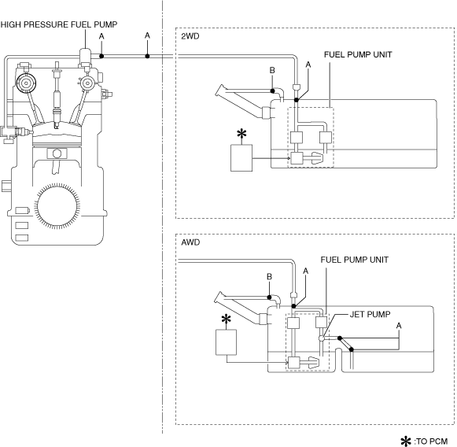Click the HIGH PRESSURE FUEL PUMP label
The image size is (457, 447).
tap(58, 24)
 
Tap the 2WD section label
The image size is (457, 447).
tap(190, 36)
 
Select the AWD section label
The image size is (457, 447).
tap(190, 242)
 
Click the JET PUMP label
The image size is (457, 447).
tap(370, 314)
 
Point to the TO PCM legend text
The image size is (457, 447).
tap(431, 441)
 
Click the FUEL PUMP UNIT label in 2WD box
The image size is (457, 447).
tap(358, 54)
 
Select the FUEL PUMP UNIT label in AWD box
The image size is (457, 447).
tap(355, 260)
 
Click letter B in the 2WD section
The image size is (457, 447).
tap(272, 70)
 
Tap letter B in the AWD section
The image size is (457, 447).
tap(269, 276)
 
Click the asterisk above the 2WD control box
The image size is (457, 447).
tap(241, 134)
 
